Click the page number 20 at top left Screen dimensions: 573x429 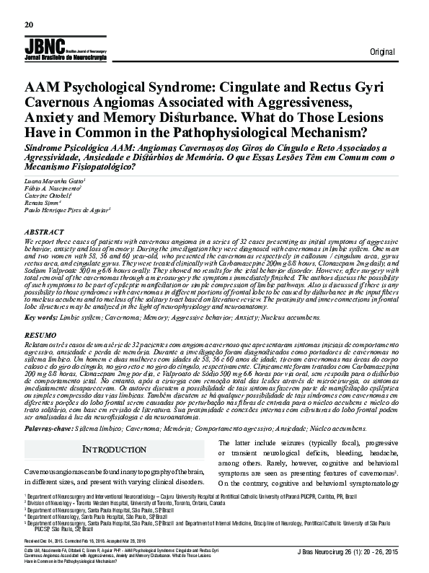pyautogui.click(x=29, y=24)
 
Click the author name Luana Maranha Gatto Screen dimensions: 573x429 pyautogui.click(x=55, y=179)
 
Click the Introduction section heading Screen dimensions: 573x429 pyautogui.click(x=109, y=450)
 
